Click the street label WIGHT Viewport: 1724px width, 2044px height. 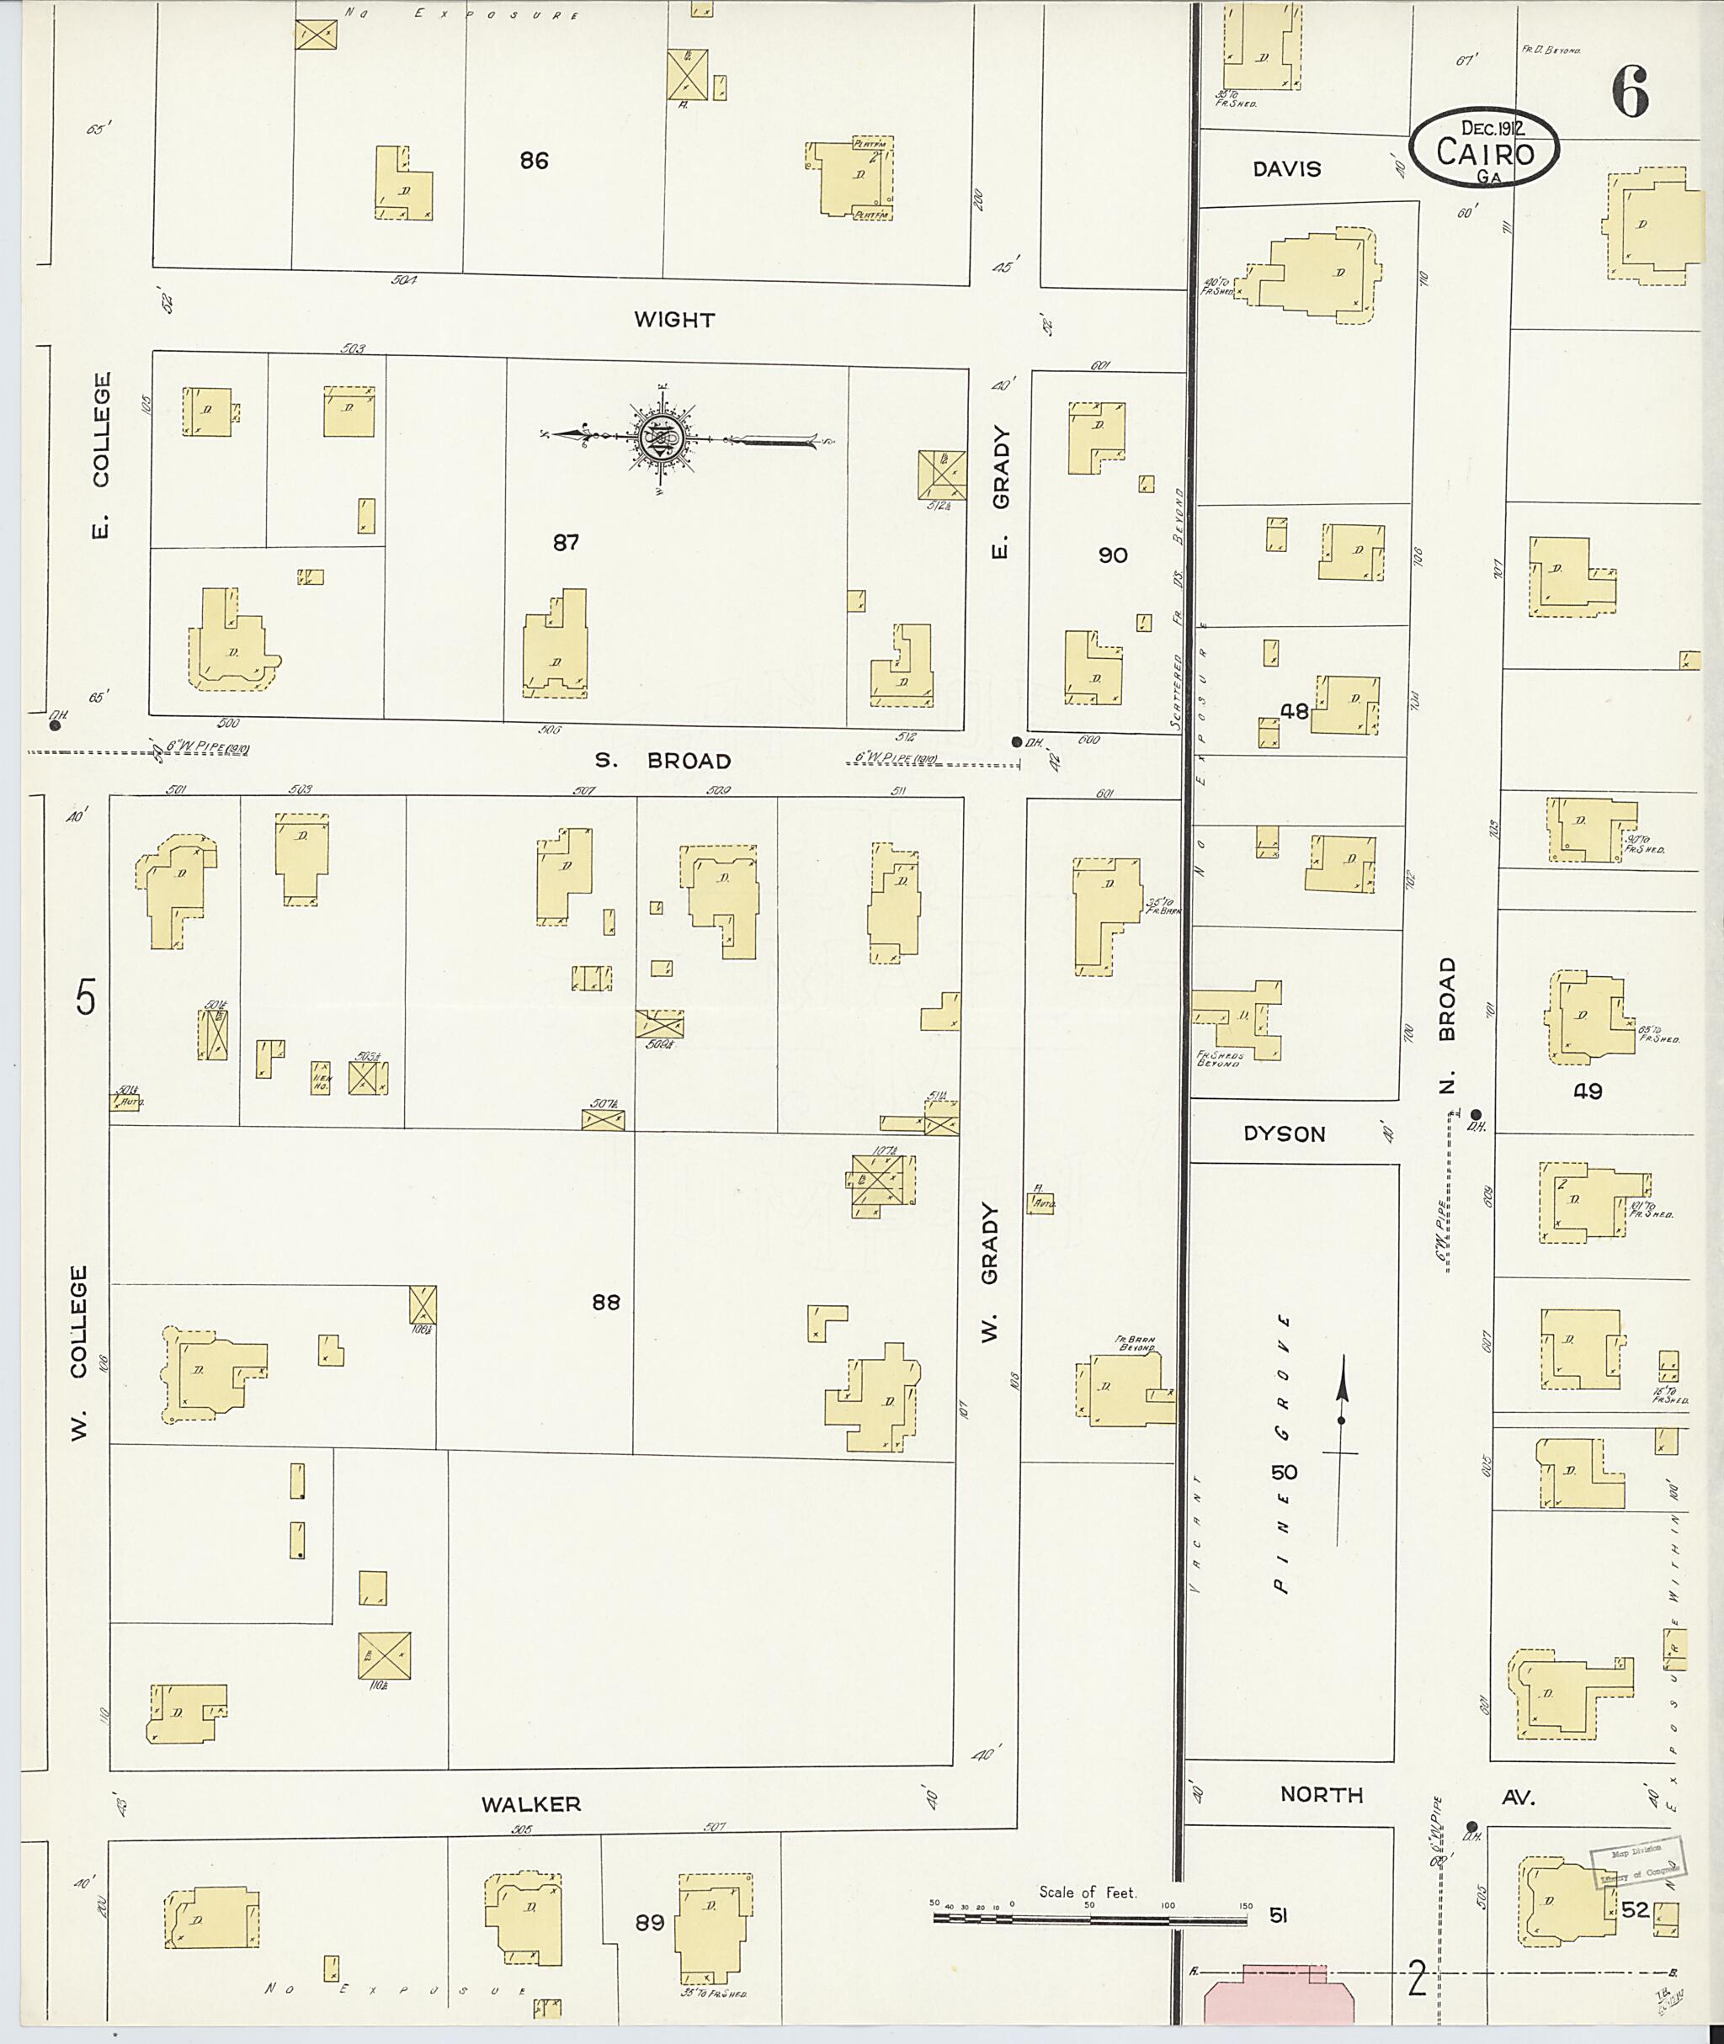coord(673,320)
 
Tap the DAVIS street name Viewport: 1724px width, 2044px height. coord(1286,169)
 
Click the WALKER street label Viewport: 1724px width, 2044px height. coord(530,1803)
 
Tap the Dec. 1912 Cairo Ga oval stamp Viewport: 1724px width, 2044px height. coord(1483,147)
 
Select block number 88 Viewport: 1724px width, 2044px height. coord(605,1302)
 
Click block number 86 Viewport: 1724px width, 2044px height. coord(534,160)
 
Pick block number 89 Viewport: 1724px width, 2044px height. coord(649,1922)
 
